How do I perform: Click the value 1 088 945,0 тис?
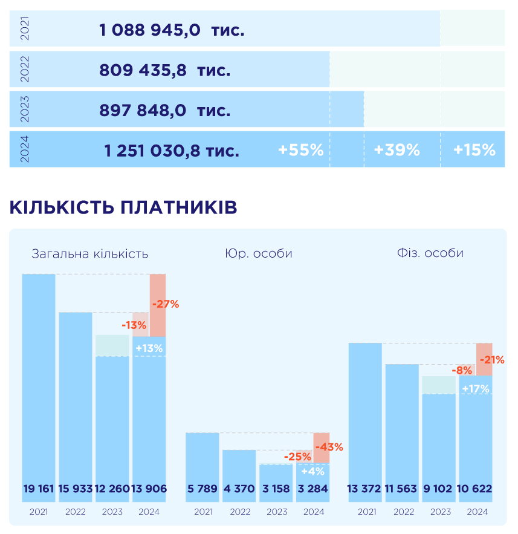coord(172,30)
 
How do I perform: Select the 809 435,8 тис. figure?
coord(164,70)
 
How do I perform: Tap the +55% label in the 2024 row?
coord(300,150)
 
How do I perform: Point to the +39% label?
coord(397,150)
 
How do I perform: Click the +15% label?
coord(474,150)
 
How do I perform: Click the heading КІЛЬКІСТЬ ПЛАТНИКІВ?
coord(123,207)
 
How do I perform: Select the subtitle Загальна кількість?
coord(89,253)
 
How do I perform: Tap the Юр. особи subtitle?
coord(258,253)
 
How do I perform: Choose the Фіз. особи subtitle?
coord(426,253)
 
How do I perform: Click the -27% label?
coord(166,304)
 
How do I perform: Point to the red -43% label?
coord(329,448)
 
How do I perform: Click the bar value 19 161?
coord(39,489)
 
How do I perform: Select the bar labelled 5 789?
coord(202,489)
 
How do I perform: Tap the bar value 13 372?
coord(365,489)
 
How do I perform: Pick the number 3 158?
coord(276,489)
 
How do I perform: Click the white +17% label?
coord(475,389)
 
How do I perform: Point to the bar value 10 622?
coord(475,489)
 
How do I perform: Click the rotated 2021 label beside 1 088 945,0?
coord(25,28)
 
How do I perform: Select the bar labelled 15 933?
coord(76,489)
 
